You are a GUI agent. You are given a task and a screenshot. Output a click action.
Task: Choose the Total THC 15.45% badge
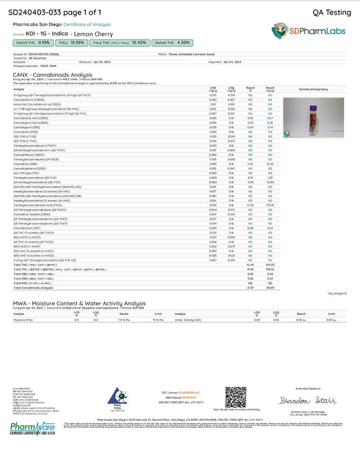120,43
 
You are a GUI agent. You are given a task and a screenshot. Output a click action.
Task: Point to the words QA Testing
332,13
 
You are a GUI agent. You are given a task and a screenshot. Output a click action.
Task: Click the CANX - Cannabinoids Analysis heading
52,75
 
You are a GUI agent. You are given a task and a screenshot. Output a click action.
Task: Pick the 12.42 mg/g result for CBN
270,164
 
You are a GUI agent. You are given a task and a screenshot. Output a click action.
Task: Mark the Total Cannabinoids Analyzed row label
33,287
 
